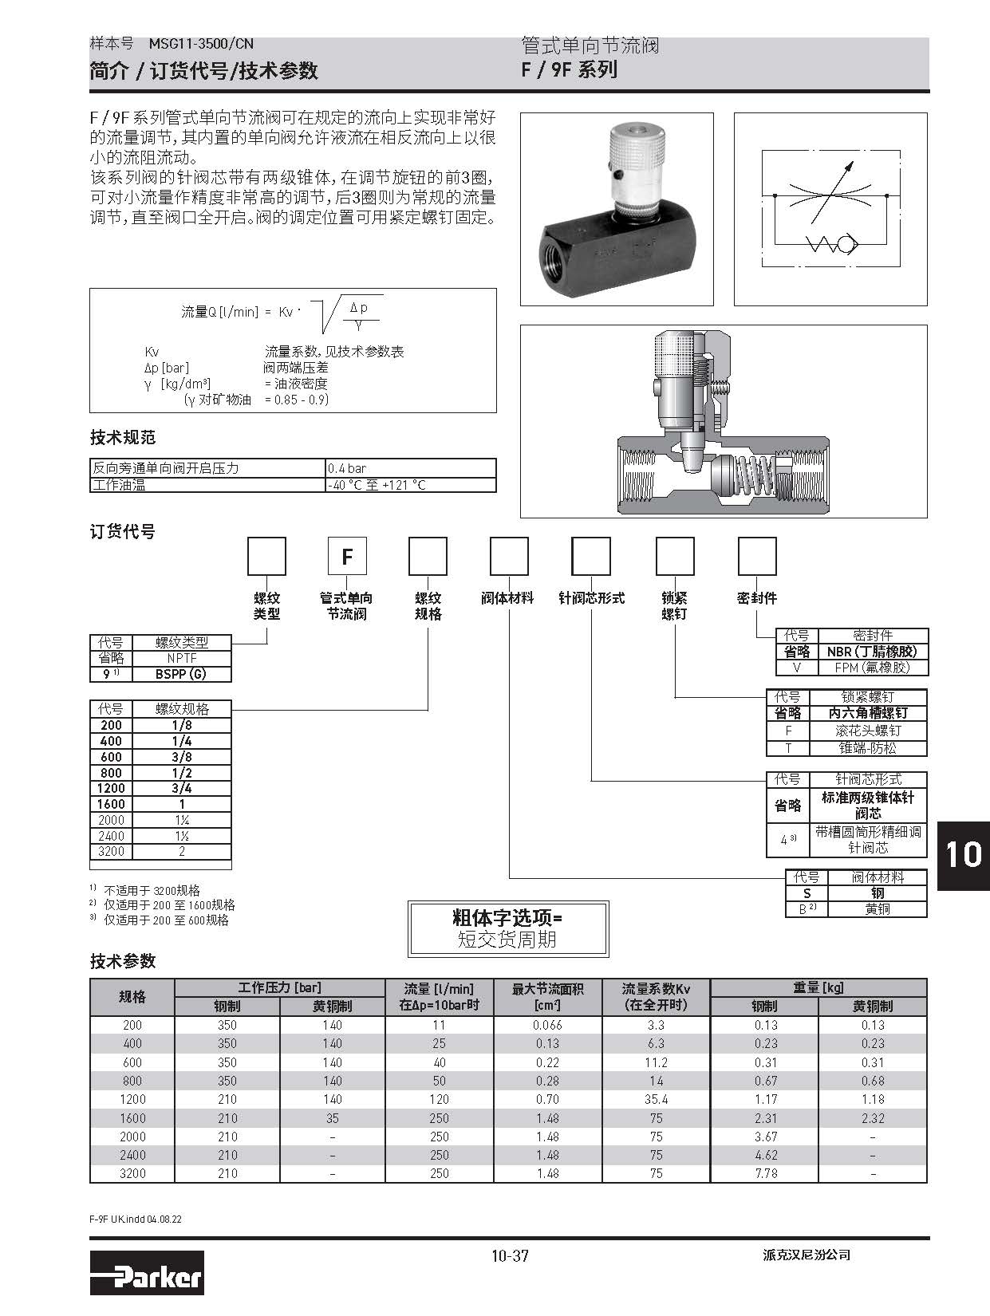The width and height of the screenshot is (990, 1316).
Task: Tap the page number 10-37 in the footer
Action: pyautogui.click(x=510, y=1255)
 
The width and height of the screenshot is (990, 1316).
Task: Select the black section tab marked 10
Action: pyautogui.click(x=963, y=854)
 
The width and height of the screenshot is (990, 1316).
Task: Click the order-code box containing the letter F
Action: pyautogui.click(x=347, y=556)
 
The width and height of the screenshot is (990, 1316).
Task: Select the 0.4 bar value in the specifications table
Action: pyautogui.click(x=347, y=468)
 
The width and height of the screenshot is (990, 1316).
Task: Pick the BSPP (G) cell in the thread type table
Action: pyautogui.click(x=181, y=674)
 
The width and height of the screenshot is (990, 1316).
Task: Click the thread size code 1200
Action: pyautogui.click(x=111, y=788)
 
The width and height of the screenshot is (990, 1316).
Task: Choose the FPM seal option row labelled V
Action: pyautogui.click(x=851, y=668)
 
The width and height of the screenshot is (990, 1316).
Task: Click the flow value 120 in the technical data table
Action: pyautogui.click(x=439, y=1099)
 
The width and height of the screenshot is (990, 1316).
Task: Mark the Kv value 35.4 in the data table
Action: pyautogui.click(x=656, y=1099)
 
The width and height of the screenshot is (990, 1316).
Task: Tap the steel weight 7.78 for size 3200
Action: pyautogui.click(x=763, y=1173)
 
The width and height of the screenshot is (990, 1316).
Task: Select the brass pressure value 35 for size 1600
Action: pyautogui.click(x=332, y=1118)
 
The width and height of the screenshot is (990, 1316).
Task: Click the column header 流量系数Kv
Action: pyautogui.click(x=656, y=996)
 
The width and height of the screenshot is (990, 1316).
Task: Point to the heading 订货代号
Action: pyautogui.click(x=122, y=531)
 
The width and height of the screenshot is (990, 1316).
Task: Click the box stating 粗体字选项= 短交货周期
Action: pyautogui.click(x=508, y=928)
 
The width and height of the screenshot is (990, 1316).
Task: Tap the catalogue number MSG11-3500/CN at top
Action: pyautogui.click(x=201, y=44)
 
